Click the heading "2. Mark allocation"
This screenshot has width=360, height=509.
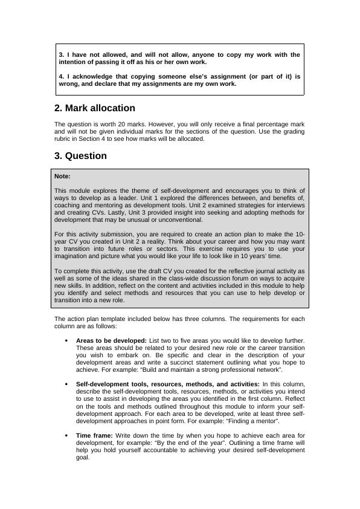click(94, 108)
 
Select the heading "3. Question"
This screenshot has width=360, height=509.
click(80, 156)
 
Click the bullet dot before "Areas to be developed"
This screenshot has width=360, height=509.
click(65, 341)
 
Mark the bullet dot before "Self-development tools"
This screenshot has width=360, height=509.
click(65, 384)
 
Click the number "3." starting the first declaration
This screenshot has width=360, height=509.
click(62, 55)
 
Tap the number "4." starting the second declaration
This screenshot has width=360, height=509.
click(62, 77)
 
